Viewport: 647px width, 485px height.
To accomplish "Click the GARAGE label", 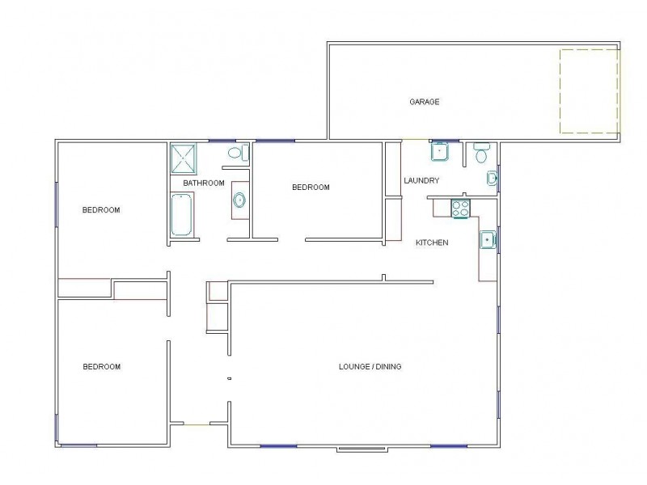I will pos(424,102).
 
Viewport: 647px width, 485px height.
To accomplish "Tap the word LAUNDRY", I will pos(421,180).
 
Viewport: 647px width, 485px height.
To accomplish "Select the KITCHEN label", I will pos(432,242).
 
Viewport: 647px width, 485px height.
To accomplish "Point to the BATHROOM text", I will pos(203,183).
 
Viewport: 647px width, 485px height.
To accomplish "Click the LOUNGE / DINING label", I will pos(370,367).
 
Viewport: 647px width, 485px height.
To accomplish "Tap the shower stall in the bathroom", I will pos(183,158).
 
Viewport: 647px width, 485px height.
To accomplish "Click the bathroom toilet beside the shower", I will pos(235,152).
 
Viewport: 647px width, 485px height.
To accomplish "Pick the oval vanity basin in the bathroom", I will pos(239,200).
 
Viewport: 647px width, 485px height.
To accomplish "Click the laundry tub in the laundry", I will pos(440,151).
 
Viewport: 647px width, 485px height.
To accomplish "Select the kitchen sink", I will pos(487,239).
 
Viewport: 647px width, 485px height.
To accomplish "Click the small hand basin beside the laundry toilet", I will pos(492,179).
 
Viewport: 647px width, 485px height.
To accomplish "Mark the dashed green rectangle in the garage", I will pos(590,91).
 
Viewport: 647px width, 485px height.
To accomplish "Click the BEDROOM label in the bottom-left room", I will pos(102,367).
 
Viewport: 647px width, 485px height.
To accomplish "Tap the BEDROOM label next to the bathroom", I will pos(311,188).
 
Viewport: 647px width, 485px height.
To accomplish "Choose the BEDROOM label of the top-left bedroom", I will pos(101,210).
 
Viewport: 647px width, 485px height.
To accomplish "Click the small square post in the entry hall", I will pos(230,378).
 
